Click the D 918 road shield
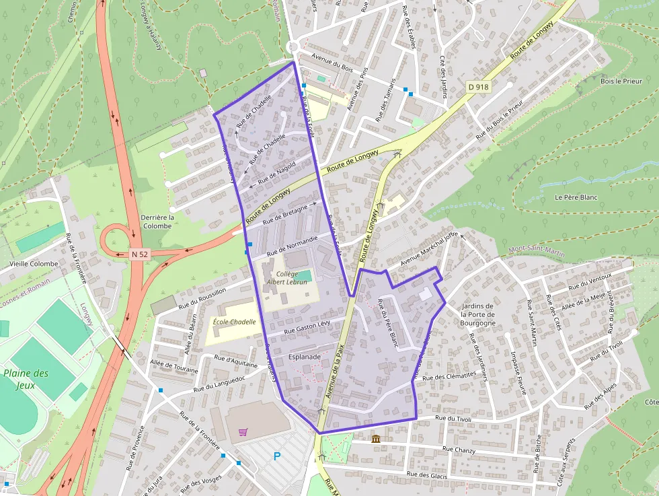coord(477,87)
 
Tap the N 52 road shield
coord(139,254)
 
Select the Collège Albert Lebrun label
coord(291,278)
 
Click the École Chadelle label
coord(234,322)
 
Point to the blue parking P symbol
coord(276,456)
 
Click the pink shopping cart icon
coord(243,432)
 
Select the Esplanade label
coord(304,357)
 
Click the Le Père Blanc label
coord(576,198)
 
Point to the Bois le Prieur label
coord(621,81)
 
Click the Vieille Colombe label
coord(34,264)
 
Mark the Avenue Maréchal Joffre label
coord(429,249)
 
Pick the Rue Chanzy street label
coord(459,449)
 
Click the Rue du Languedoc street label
coord(219,384)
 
